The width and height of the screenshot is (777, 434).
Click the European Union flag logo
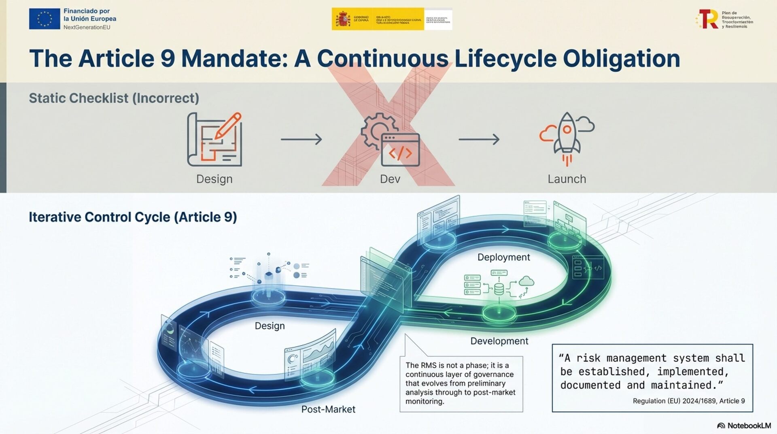(45, 19)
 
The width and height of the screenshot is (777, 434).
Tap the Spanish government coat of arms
(343, 19)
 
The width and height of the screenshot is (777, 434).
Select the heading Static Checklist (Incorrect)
(114, 98)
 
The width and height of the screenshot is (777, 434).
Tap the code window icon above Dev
(400, 150)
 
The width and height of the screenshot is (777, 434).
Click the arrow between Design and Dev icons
(301, 139)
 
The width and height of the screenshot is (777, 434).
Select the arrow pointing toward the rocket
(479, 139)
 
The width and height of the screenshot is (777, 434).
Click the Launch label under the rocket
(567, 179)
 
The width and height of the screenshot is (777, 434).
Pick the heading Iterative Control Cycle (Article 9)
(133, 217)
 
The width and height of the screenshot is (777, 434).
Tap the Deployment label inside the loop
(503, 257)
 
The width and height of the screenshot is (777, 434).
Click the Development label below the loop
(499, 341)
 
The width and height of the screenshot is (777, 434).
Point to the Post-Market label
(328, 409)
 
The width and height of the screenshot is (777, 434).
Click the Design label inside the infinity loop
(270, 326)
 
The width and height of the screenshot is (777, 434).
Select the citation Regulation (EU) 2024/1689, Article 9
(689, 401)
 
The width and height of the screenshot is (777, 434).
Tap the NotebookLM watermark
(744, 425)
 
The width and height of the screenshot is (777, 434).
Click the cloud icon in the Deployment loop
(526, 281)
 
